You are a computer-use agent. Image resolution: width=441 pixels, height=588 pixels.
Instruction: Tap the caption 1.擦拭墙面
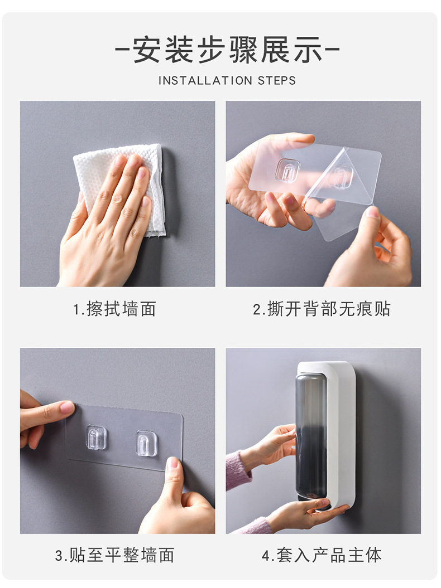click(x=114, y=309)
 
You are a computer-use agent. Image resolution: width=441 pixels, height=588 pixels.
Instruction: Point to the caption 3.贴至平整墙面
click(x=114, y=555)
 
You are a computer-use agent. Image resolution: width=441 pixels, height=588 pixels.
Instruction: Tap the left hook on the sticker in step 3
click(x=96, y=437)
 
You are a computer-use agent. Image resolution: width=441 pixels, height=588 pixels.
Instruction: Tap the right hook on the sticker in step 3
click(x=146, y=443)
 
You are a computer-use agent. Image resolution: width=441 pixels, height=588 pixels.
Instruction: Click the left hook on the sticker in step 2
click(x=287, y=169)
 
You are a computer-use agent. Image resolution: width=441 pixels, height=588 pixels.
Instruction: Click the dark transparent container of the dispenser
click(x=311, y=435)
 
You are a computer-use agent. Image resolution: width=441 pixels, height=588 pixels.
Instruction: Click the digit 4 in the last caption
click(x=266, y=555)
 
